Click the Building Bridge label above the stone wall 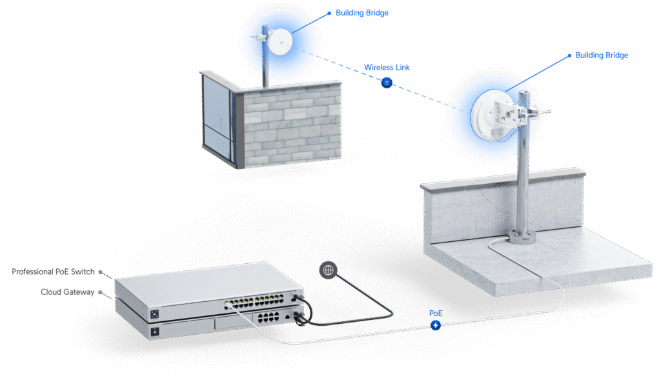(x=361, y=13)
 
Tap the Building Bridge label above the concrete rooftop (x=601, y=55)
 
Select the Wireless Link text (x=387, y=67)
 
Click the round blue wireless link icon (x=387, y=83)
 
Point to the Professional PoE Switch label (x=53, y=272)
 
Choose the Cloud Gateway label (x=67, y=292)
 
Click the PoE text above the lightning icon (x=436, y=313)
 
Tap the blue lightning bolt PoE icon (x=436, y=326)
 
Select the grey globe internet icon (x=328, y=270)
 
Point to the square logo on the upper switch (x=155, y=312)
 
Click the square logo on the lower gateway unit (x=155, y=332)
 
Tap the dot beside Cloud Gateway (x=100, y=292)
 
